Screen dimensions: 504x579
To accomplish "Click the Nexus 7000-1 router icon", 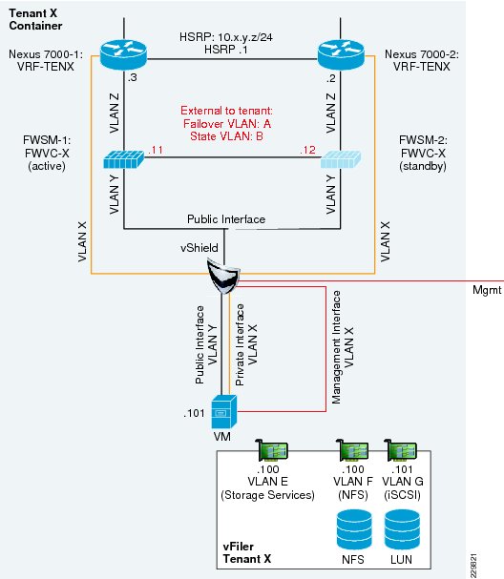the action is coord(123,54).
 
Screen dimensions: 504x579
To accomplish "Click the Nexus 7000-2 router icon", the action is coord(341,54).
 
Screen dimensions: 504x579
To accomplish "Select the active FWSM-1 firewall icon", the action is coord(123,158).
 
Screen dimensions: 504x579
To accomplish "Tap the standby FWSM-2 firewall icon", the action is coord(341,158).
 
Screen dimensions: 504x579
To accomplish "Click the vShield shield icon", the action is coord(223,276).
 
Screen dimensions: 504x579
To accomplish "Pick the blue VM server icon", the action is coord(224,411).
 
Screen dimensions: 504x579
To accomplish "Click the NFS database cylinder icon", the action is coord(354,530).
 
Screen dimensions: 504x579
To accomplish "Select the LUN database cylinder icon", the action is coord(402,530).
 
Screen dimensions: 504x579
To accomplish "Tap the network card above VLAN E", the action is coord(272,450).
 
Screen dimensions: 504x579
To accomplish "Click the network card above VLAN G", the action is coord(400,450).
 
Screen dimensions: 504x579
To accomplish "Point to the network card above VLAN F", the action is coord(352,450).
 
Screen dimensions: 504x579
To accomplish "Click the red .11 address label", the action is coord(156,150).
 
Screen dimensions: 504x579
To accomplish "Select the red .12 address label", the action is coord(307,150).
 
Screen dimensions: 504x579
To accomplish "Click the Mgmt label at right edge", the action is coord(487,290).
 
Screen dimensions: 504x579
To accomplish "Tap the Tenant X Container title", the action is coord(35,19).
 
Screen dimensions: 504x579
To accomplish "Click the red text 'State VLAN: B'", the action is coord(226,136).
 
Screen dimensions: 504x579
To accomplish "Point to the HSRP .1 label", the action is coord(226,49).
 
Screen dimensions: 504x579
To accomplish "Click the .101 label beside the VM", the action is coord(194,413).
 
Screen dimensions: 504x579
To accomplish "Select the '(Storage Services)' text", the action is coord(267,495).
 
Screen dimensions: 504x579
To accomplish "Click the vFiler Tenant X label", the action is coord(247,552).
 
